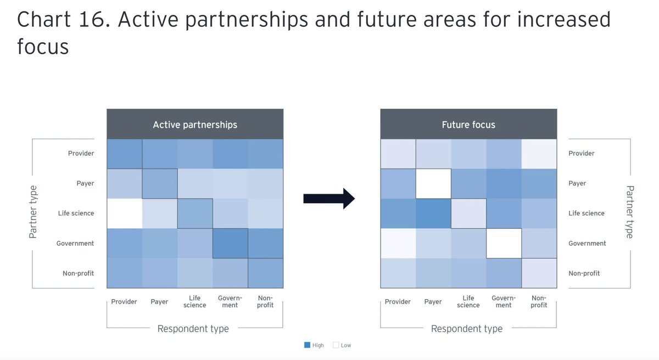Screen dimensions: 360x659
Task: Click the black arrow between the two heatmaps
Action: (x=329, y=198)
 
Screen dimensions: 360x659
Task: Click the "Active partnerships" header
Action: (x=195, y=125)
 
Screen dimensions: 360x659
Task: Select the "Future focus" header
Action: (x=468, y=125)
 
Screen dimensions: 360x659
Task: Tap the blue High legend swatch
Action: (x=308, y=345)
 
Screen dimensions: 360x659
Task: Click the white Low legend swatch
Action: (x=336, y=345)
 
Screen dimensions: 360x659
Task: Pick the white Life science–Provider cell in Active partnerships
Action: (x=124, y=213)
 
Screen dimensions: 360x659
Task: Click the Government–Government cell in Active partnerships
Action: (x=230, y=243)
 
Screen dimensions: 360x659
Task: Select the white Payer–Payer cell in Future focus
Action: (x=433, y=183)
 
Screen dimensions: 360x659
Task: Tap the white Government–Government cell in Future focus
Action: (x=504, y=243)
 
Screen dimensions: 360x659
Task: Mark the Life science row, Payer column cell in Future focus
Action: (x=433, y=213)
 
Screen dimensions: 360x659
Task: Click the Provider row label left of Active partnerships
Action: (x=81, y=154)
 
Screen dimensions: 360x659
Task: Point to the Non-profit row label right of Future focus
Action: (x=584, y=273)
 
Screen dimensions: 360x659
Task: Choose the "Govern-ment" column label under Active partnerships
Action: (x=230, y=302)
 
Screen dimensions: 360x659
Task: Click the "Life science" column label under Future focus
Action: (x=468, y=302)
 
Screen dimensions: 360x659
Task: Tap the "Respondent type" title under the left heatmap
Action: (x=193, y=329)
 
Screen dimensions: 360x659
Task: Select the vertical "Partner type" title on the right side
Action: (x=629, y=212)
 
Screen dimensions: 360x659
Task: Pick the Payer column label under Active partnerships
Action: (x=159, y=302)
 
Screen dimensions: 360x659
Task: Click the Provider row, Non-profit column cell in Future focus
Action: (x=539, y=154)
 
